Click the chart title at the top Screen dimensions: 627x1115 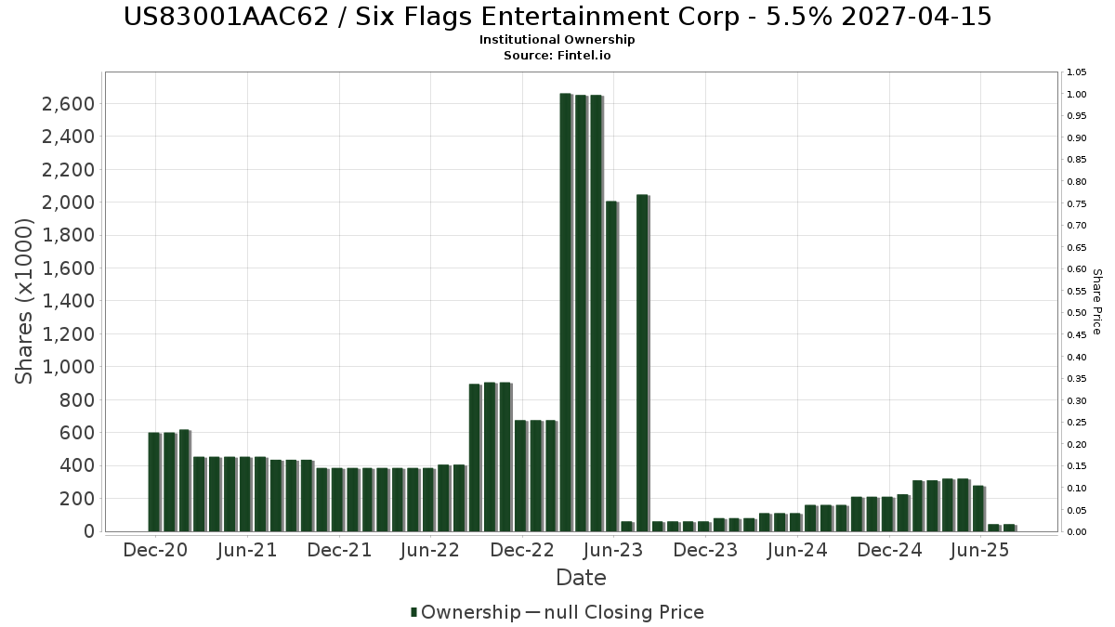tap(557, 16)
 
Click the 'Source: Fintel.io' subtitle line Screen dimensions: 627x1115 tap(557, 56)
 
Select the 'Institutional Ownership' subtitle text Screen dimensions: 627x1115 tap(557, 40)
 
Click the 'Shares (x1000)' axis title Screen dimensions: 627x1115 tap(25, 301)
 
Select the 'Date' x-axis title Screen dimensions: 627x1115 tap(581, 578)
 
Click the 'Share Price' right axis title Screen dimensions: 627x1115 tap(1096, 301)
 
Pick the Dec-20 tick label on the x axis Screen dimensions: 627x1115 tap(155, 550)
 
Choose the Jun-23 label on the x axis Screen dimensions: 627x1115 tap(613, 550)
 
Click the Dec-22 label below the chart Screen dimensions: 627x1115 tap(522, 550)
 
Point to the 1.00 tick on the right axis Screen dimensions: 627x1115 tap(1077, 95)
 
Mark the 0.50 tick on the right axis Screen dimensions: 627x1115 tap(1077, 313)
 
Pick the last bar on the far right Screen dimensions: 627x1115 tap(1009, 528)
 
